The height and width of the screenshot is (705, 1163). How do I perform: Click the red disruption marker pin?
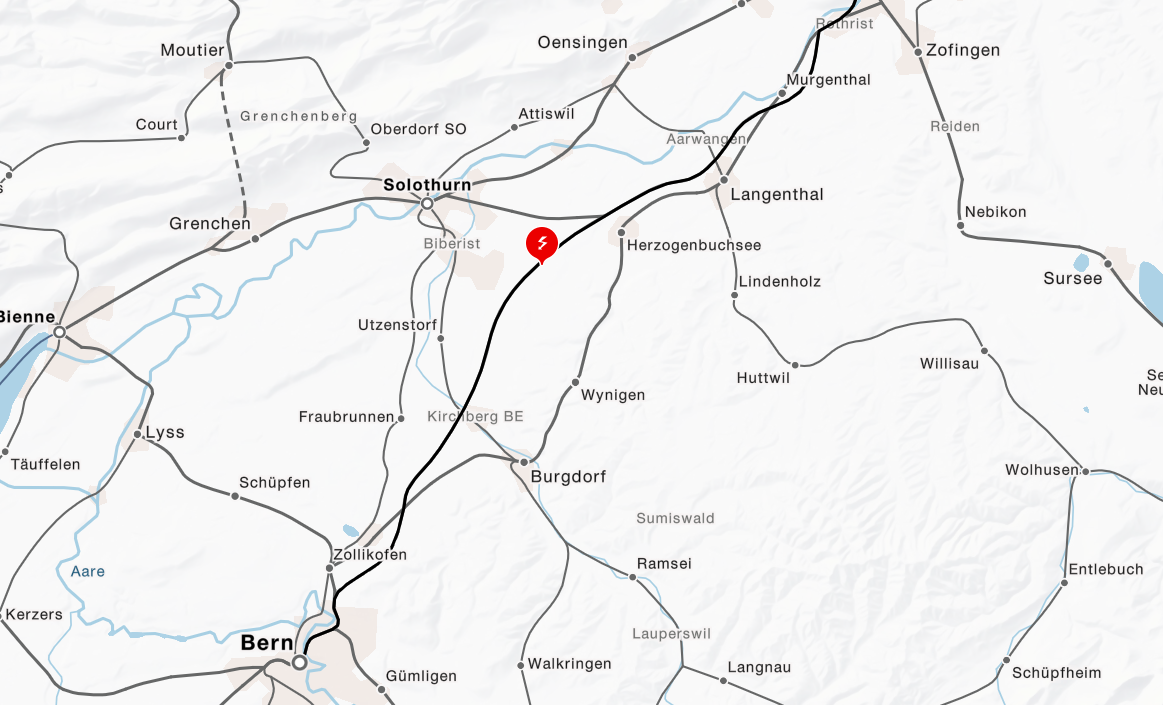pyautogui.click(x=541, y=244)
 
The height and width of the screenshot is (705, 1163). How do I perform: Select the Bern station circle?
pyautogui.click(x=299, y=662)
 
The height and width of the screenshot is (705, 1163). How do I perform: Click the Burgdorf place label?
pyautogui.click(x=568, y=477)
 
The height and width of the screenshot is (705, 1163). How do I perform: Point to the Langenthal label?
pyautogui.click(x=777, y=194)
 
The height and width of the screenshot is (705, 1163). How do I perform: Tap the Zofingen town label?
pyautogui.click(x=963, y=50)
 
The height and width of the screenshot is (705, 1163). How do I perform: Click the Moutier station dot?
pyautogui.click(x=228, y=66)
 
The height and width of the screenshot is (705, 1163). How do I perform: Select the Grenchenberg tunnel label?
pyautogui.click(x=299, y=116)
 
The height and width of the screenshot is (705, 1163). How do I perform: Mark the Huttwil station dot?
pyautogui.click(x=796, y=365)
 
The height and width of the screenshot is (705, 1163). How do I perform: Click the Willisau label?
pyautogui.click(x=949, y=363)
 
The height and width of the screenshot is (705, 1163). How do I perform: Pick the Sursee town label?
pyautogui.click(x=1072, y=278)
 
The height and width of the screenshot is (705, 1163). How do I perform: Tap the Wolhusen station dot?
pyautogui.click(x=1085, y=470)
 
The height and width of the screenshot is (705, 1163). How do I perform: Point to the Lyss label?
pyautogui.click(x=165, y=432)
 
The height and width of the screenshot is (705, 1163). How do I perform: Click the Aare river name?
pyautogui.click(x=87, y=571)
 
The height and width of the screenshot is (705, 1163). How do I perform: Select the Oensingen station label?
pyautogui.click(x=582, y=42)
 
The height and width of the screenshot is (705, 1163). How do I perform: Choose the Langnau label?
pyautogui.click(x=759, y=667)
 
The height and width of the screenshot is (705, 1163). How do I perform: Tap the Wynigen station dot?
pyautogui.click(x=576, y=382)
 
